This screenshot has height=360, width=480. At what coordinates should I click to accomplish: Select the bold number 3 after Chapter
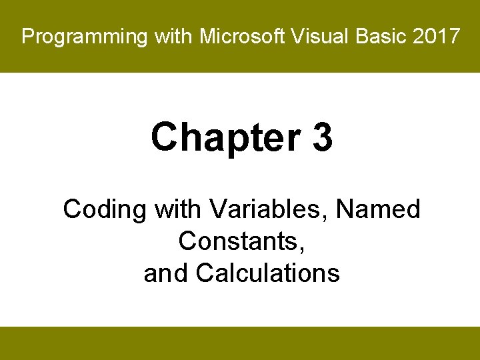pos(321,137)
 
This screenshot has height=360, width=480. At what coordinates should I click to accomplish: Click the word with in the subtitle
pos(179,210)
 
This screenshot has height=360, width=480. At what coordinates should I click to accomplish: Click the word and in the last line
pos(167,273)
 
